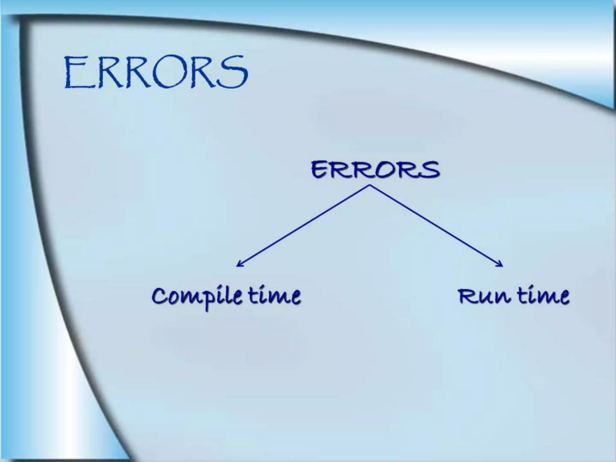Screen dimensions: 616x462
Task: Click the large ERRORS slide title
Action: click(156, 72)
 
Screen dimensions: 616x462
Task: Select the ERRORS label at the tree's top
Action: click(375, 170)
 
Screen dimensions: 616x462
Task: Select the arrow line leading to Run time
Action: click(436, 226)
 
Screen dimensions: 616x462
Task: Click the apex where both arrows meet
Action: click(370, 185)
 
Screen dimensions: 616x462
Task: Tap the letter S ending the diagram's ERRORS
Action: click(430, 170)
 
